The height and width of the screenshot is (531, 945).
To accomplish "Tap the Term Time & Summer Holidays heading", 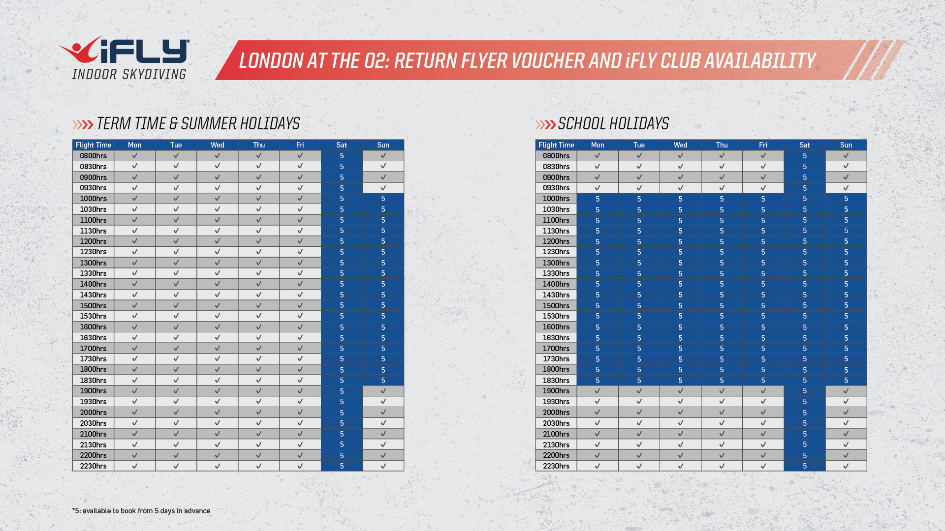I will point(197,124).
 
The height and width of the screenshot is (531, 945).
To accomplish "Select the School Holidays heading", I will point(613,124).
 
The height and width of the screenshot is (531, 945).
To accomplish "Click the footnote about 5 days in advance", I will point(141,511).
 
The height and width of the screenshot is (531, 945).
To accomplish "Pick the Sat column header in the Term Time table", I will point(342,145).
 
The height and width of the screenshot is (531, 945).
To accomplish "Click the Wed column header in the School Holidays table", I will point(680,145).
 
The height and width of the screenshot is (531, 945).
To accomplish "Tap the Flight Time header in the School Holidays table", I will point(556,145).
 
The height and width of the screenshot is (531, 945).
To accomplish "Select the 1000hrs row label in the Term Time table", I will point(94,199).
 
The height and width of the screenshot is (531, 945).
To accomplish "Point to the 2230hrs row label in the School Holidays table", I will point(556,466).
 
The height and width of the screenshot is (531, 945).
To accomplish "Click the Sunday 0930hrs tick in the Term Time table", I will point(383,188).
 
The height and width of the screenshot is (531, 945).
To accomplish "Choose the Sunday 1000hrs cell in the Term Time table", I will point(383,199).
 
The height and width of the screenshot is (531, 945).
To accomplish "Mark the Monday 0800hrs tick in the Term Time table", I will point(134,156).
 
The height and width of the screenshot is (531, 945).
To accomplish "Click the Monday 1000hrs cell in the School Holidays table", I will point(598,199).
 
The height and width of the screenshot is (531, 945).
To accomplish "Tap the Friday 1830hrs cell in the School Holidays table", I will point(763,380).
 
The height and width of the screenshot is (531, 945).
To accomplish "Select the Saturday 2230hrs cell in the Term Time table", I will point(342,466).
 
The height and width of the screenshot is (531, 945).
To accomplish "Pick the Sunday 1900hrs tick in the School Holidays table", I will point(846,391).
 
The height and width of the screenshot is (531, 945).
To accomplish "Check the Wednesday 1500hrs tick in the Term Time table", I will point(217,305).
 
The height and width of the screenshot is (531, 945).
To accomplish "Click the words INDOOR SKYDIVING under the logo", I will point(129,75).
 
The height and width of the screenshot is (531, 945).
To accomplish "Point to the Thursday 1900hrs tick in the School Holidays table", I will point(722,391).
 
